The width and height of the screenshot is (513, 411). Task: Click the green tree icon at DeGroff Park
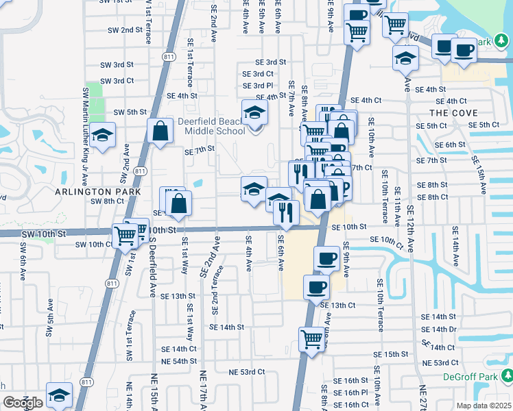coord(506,375)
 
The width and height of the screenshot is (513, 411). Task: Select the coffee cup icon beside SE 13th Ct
coord(316,287)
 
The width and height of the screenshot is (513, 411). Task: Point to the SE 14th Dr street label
coord(439,329)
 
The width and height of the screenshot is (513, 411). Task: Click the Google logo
coord(23,403)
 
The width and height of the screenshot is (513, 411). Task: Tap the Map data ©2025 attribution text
coord(484,406)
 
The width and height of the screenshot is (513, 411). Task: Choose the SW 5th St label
coord(130,112)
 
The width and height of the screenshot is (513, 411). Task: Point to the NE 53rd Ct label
coord(246,371)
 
